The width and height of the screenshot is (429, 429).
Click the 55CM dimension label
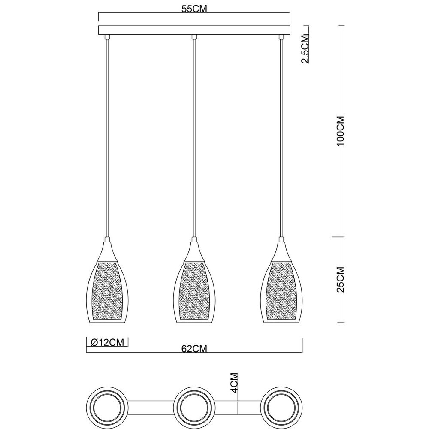click(194, 9)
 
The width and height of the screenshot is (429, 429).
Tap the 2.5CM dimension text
click(305, 49)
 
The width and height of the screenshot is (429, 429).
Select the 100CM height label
click(341, 131)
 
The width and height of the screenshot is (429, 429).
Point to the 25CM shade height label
click(341, 279)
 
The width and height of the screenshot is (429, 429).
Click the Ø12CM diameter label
click(107, 342)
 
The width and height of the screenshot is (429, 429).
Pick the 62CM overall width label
click(194, 349)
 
